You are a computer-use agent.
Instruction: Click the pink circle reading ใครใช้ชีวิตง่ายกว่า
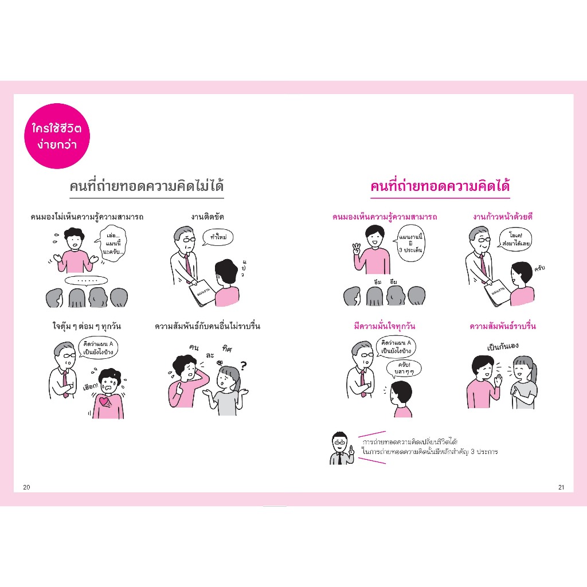pos(57,136)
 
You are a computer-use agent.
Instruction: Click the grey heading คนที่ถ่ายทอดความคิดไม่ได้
pos(147,186)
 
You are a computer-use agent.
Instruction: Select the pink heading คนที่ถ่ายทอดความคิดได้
pos(440,186)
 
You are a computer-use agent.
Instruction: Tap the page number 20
pos(26,487)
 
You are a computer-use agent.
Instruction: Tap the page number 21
pos(561,487)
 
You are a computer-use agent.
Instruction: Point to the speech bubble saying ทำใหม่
pos(218,237)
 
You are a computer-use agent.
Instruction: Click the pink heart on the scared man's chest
pos(104,401)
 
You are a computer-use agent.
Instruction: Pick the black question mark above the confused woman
pos(244,365)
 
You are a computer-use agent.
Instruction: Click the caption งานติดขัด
pos(208,217)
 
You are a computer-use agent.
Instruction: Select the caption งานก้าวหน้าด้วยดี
pos(503,217)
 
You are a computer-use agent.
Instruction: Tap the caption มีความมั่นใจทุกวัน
pos(385,326)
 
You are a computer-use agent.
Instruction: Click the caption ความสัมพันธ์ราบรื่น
pos(503,326)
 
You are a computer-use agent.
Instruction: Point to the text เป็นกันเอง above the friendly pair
pos(503,346)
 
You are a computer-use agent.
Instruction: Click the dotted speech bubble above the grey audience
pos(86,280)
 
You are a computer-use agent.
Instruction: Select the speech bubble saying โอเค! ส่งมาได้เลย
pos(515,240)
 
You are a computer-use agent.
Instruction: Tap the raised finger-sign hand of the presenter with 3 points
pos(357,249)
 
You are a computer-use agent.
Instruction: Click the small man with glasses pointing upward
pos(342,448)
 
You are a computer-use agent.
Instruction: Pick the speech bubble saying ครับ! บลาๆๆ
pos(404,369)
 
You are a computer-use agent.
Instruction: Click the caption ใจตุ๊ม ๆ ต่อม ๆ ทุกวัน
pos(87,326)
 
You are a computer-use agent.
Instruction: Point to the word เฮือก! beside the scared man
pos(90,386)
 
